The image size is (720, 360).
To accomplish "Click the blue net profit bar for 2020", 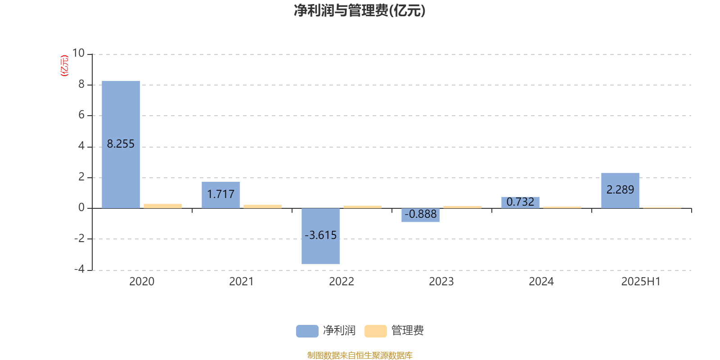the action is click(121, 144).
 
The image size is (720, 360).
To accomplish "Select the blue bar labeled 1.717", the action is click(220, 195).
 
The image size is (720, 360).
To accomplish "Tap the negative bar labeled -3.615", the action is click(320, 236).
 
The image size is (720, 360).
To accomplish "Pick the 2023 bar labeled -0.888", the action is click(420, 215).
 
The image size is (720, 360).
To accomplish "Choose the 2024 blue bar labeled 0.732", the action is click(520, 202).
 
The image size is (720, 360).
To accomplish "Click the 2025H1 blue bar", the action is click(620, 191).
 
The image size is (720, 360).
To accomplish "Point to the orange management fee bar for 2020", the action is click(162, 206).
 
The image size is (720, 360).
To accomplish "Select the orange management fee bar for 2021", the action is click(263, 207).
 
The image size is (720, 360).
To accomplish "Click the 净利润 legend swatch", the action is click(307, 331).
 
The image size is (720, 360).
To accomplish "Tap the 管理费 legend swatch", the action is click(375, 331).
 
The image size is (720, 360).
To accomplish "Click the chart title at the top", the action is click(360, 10).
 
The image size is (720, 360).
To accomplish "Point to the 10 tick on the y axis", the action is click(78, 53).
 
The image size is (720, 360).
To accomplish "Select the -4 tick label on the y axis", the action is click(79, 269).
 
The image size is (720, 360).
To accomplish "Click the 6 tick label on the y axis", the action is click(81, 115).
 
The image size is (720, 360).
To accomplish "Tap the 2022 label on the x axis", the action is click(342, 282).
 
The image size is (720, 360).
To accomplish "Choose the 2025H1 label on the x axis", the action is click(641, 282).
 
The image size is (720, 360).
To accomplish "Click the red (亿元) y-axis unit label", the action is click(65, 66).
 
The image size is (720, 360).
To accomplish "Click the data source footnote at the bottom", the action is click(360, 355).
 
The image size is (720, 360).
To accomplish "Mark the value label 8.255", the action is click(121, 144).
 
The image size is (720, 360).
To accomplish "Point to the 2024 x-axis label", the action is click(541, 282).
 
